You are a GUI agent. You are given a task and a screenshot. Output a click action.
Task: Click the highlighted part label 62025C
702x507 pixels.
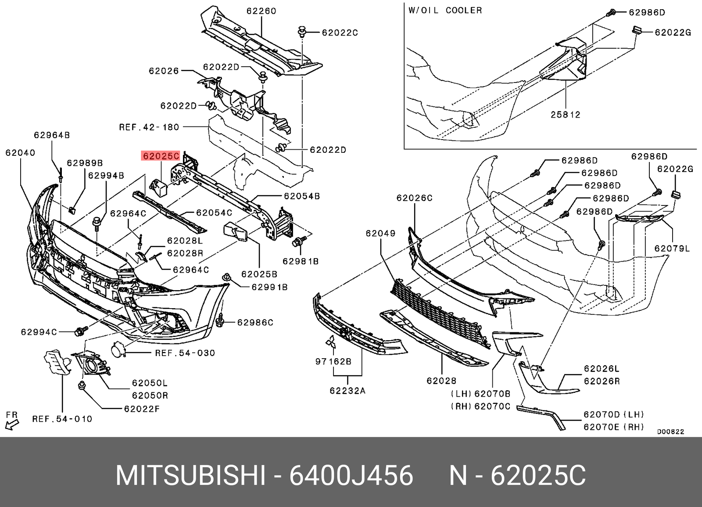[161, 156]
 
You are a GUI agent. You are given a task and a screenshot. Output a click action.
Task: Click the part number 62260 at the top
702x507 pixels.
[261, 11]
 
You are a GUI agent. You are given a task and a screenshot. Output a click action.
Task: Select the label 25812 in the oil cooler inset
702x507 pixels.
[566, 115]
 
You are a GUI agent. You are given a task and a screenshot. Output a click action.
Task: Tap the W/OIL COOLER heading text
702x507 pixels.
[445, 11]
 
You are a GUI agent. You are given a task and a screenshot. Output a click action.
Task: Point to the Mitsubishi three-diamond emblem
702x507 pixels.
[330, 343]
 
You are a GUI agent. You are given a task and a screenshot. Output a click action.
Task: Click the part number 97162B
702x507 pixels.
[333, 362]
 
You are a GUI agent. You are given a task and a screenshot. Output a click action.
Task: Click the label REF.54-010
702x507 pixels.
[62, 419]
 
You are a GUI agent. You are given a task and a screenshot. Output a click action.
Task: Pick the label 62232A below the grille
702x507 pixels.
[347, 390]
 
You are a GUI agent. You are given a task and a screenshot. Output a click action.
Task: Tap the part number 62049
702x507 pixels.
[380, 234]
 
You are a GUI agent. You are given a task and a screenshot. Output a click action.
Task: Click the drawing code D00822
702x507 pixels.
[670, 431]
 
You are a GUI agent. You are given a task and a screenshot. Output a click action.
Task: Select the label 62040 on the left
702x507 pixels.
[20, 153]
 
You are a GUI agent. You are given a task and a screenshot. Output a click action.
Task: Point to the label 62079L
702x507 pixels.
[672, 248]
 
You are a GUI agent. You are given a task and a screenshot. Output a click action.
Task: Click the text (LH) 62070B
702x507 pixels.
[480, 394]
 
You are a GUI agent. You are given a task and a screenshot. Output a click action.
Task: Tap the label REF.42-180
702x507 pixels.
[149, 127]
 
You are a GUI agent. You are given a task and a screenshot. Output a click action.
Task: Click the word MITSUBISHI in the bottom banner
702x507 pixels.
[190, 475]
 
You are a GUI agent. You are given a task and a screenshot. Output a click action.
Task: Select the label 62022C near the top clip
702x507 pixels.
[340, 32]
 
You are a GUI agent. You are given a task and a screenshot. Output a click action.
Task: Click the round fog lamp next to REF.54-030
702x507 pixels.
[118, 351]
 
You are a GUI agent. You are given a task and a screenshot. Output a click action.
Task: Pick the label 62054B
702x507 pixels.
[302, 196]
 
